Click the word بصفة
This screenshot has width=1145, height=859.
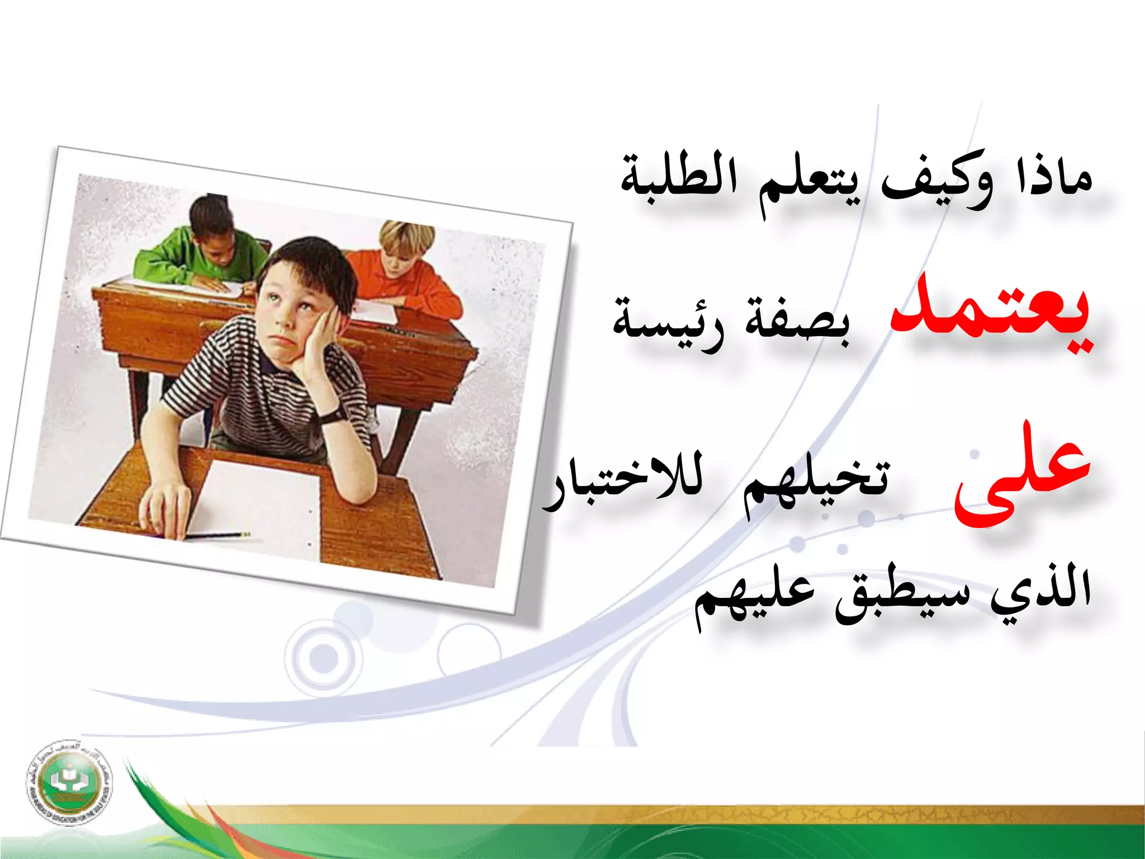point(797,322)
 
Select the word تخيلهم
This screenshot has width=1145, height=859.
point(816,484)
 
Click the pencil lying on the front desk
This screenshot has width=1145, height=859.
point(218,536)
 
